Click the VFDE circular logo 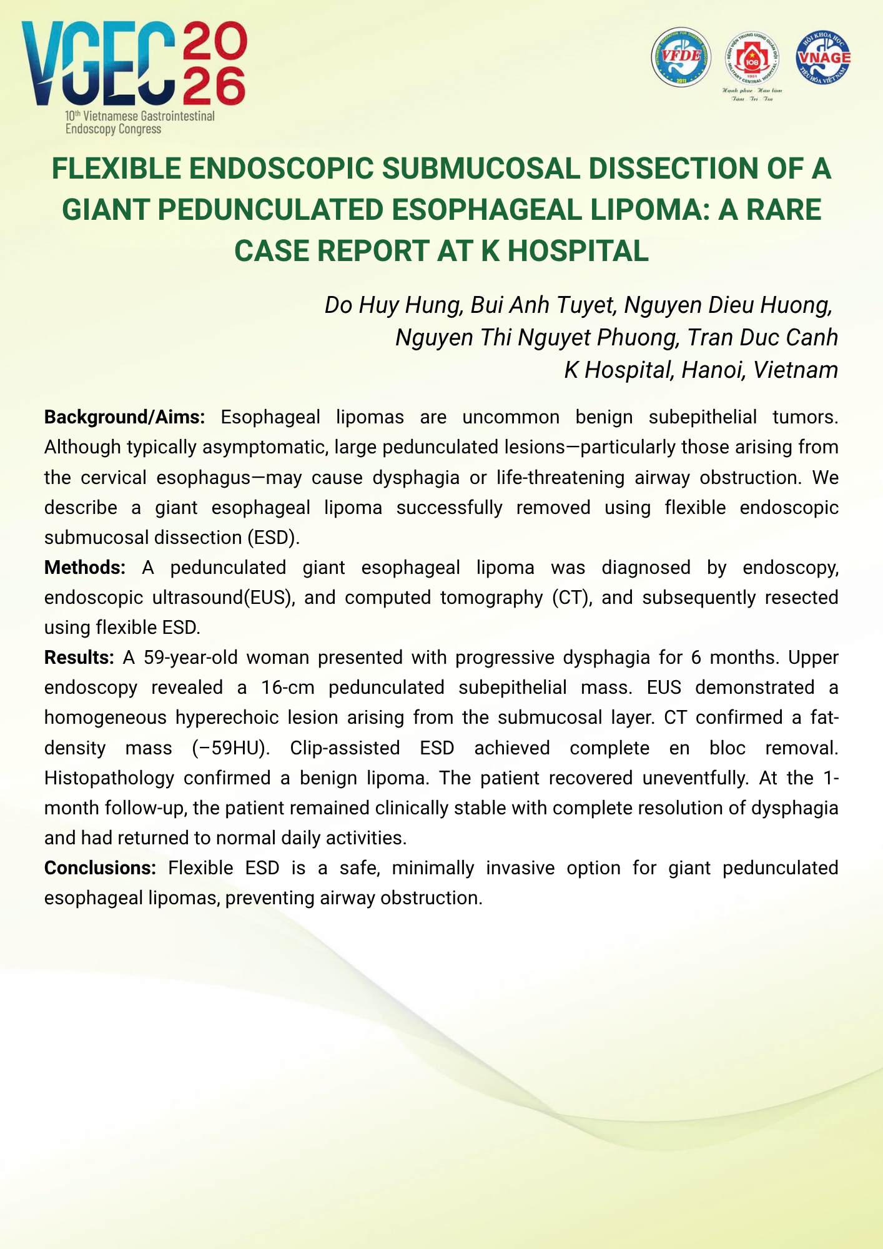(681, 57)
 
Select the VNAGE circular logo (823, 57)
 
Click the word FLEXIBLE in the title (117, 169)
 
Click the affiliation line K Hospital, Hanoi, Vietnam (701, 370)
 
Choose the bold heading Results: (79, 658)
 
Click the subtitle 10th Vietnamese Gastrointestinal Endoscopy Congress (140, 122)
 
